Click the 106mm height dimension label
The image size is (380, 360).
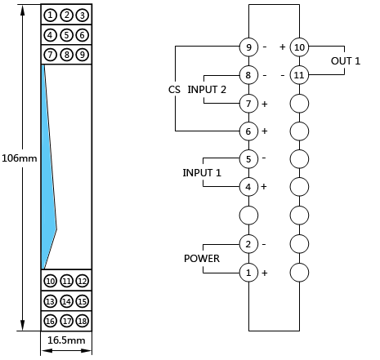coord(19,158)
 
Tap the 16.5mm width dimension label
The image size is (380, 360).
coord(66,340)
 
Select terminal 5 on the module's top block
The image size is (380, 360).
coord(66,35)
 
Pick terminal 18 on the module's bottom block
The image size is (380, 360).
coord(83,321)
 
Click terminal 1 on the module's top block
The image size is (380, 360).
coord(50,16)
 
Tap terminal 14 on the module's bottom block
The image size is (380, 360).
coord(66,301)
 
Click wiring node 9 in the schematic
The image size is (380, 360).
coord(248,47)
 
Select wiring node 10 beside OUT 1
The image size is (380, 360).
coord(299,47)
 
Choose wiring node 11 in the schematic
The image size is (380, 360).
coord(299,75)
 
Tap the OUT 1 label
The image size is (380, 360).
coord(346,61)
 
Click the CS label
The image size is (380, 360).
coord(174,90)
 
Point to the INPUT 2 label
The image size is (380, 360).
coord(207,90)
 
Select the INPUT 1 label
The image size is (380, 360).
coord(202,173)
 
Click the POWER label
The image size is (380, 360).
coord(202,259)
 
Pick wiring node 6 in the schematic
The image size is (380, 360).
coord(248,131)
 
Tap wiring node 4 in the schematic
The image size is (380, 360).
coord(248,187)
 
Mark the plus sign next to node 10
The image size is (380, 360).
coord(283,47)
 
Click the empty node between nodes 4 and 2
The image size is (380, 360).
coord(248,216)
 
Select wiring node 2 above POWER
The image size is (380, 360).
coord(248,244)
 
